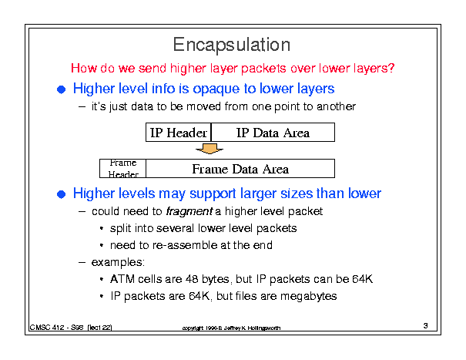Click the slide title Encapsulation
point(232,45)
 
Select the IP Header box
point(179,132)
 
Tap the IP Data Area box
point(273,132)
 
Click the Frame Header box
point(122,168)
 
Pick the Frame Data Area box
point(240,168)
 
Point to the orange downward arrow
point(210,149)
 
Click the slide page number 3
point(426,325)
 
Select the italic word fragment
point(189,211)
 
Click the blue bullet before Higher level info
point(61,89)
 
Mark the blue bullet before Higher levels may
point(61,194)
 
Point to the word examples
point(118,262)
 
